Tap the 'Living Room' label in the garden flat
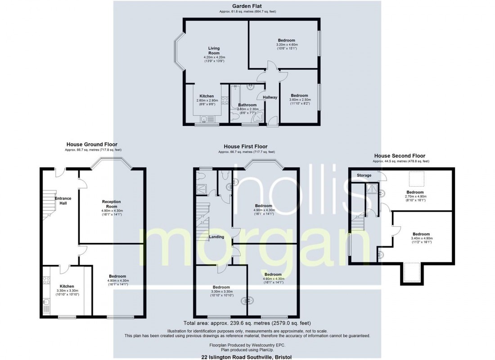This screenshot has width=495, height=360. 214,50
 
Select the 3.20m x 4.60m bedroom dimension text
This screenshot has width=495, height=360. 287,45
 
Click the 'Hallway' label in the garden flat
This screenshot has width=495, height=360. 270,97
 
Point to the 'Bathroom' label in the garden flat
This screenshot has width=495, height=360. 247,105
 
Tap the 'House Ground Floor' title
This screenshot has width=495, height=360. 93,144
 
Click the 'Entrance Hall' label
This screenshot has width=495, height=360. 63,201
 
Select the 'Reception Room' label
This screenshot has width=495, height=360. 112,204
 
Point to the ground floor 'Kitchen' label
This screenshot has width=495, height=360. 67,286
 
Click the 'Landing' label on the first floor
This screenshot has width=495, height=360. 217,237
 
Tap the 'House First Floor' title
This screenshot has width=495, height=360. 246,147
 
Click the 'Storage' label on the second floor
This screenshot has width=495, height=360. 364,175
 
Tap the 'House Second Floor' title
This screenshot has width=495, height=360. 400,156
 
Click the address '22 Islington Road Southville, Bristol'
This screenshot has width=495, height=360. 247,356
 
